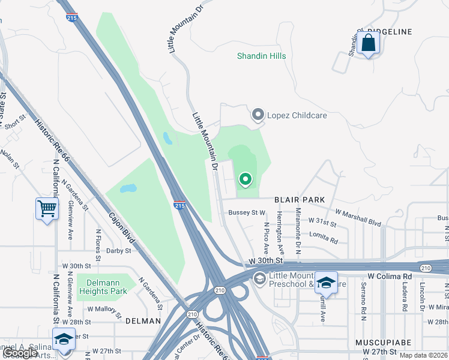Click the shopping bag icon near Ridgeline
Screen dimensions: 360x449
368,44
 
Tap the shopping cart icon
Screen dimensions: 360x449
47,209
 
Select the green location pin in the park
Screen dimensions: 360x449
245,179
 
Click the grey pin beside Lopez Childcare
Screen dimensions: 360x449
258,114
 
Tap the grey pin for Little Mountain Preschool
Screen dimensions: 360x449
259,278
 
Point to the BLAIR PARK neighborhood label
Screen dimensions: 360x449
300,199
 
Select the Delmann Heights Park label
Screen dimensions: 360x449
102,286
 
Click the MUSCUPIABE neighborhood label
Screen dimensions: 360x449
383,342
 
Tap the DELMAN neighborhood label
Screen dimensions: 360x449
143,321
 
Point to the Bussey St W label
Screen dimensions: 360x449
247,212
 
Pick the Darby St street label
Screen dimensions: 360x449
118,251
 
